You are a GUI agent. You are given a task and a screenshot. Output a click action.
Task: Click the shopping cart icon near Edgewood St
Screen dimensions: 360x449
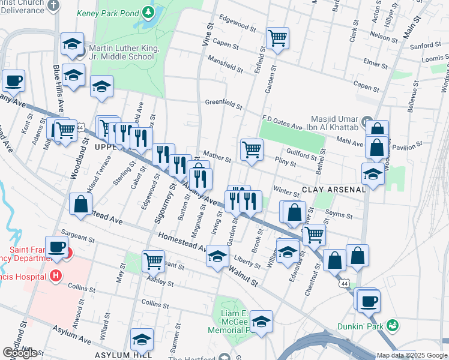click(x=277, y=38)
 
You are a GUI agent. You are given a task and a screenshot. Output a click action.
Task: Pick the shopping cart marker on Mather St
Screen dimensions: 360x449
click(x=252, y=149)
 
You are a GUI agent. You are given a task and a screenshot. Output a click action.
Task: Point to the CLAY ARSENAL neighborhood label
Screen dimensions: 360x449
click(x=333, y=190)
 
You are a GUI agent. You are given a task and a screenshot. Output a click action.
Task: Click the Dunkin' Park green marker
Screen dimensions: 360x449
click(x=393, y=326)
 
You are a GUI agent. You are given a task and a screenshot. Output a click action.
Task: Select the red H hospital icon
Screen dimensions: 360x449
click(x=56, y=275)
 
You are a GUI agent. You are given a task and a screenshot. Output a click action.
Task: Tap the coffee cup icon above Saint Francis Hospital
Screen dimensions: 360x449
click(x=56, y=247)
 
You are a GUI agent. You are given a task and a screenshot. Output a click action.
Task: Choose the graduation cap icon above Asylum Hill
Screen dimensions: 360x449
click(x=142, y=339)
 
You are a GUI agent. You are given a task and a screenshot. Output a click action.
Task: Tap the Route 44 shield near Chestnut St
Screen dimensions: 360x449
click(x=343, y=283)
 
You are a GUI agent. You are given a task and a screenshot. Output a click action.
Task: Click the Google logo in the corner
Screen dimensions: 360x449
click(x=19, y=353)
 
